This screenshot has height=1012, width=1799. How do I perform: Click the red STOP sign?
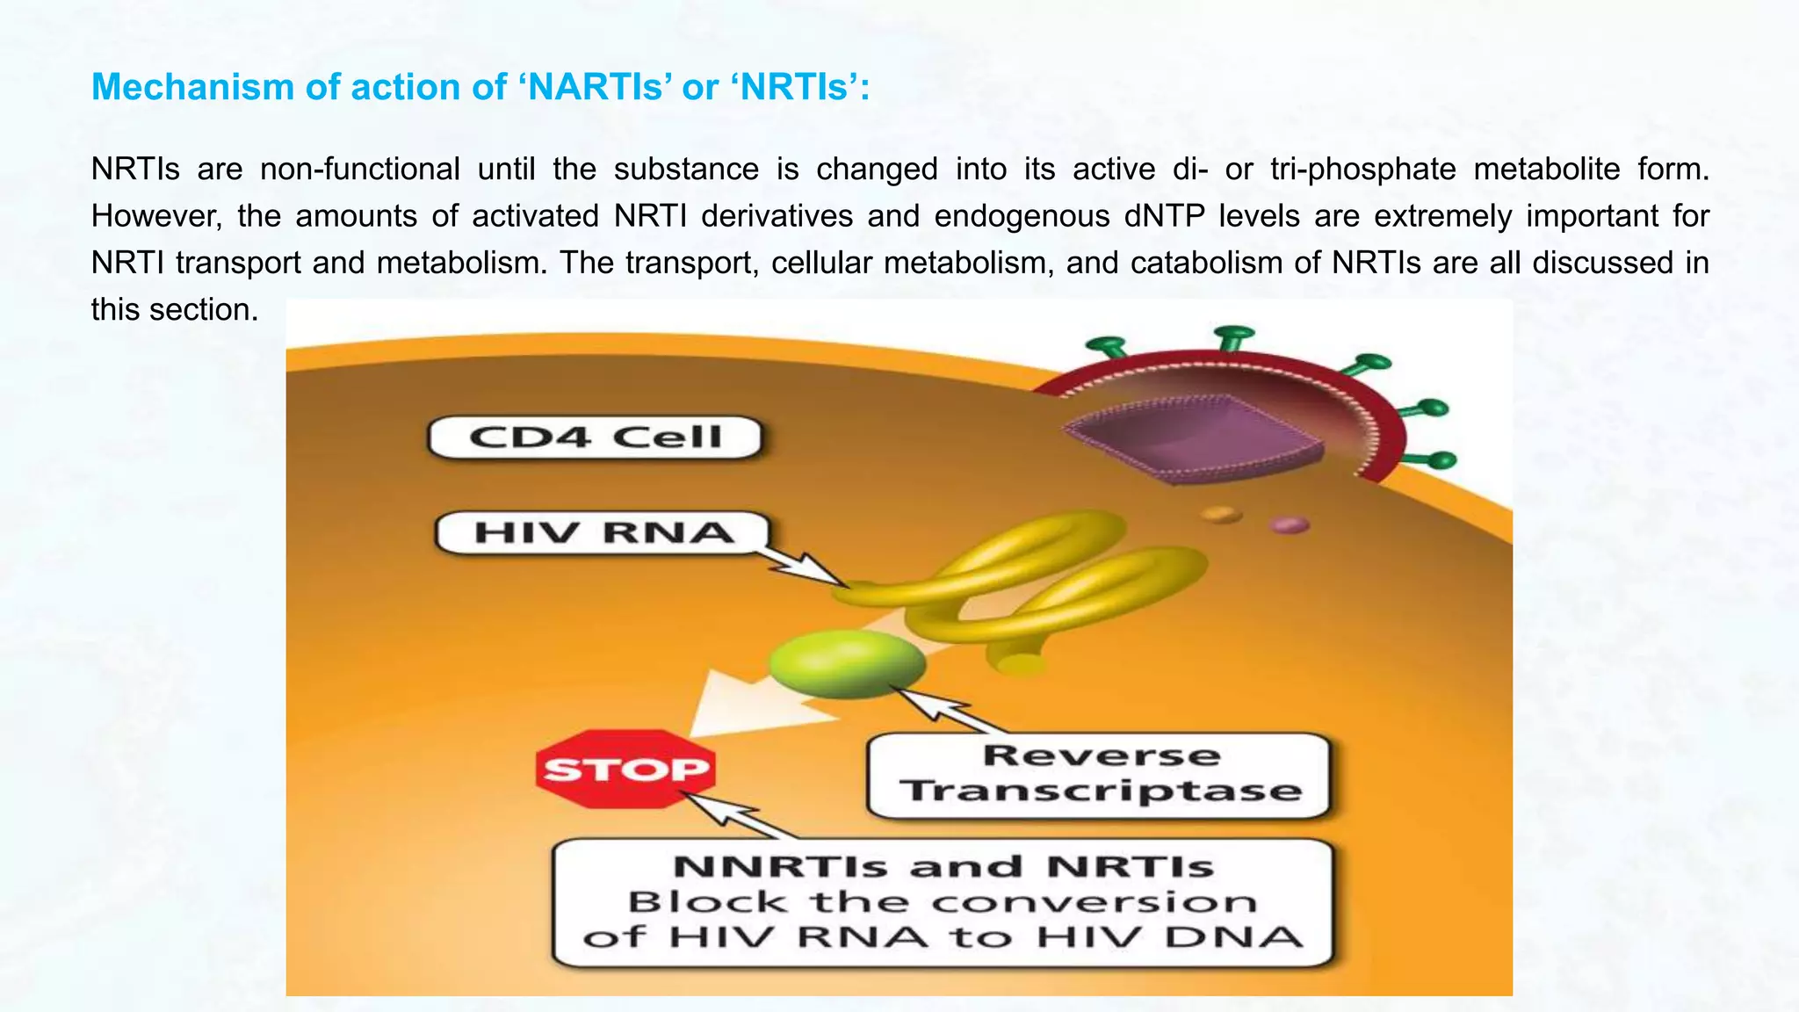(625, 770)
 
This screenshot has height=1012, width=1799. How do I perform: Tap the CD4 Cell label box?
(595, 437)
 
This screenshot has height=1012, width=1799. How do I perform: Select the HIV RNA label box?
(603, 532)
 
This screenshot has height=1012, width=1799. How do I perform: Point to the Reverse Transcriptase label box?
(1099, 775)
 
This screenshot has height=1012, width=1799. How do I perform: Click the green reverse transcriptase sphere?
(847, 663)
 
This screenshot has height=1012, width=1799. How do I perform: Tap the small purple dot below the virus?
(1289, 524)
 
